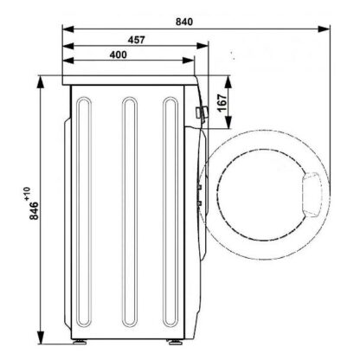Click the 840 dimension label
(x=184, y=22)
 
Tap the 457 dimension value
(x=136, y=40)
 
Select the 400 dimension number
(x=119, y=55)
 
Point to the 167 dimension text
(x=222, y=103)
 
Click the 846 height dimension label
(x=34, y=210)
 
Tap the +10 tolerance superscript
(x=27, y=194)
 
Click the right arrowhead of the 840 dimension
(x=324, y=29)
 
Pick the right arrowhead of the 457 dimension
(x=202, y=46)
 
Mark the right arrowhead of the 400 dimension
(x=189, y=61)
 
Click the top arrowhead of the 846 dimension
(x=41, y=82)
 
